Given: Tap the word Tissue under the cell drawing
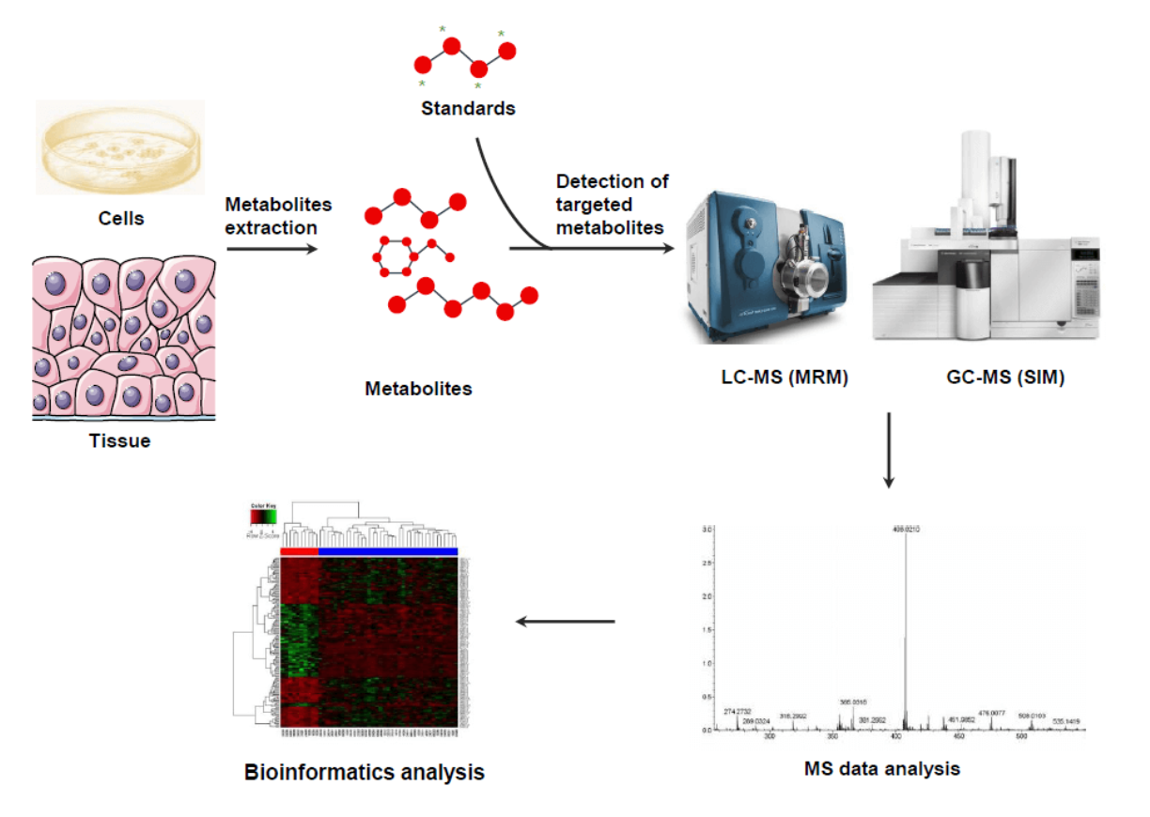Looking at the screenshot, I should tap(119, 440).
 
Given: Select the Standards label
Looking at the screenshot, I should tap(468, 108).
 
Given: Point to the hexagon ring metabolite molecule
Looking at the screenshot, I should tap(394, 254).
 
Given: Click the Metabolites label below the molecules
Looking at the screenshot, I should tap(418, 388).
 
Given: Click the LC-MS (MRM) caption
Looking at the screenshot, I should tap(769, 379).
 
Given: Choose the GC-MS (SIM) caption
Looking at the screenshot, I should tap(1006, 379).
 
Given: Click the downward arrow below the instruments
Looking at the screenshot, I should tap(888, 451).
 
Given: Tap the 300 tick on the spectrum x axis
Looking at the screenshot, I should tap(770, 737).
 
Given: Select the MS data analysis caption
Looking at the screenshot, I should tap(882, 768).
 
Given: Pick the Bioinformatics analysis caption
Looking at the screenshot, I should tap(365, 773).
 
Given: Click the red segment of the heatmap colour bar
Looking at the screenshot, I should tap(300, 551).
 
